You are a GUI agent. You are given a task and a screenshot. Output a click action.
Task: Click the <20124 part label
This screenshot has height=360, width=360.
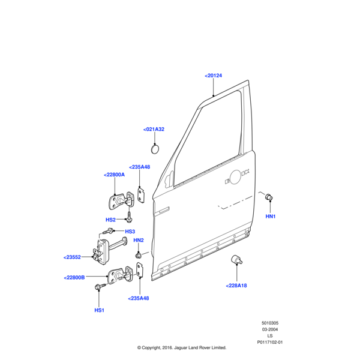pyautogui.click(x=213, y=76)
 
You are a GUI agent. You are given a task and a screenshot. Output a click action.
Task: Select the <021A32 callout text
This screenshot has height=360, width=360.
pyautogui.click(x=154, y=130)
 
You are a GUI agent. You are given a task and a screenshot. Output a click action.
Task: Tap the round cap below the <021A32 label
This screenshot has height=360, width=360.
pyautogui.click(x=154, y=148)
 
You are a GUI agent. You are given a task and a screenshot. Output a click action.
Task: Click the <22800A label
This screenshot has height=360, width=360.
pyautogui.click(x=114, y=175)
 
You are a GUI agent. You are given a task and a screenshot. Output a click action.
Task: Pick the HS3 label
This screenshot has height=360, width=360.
pyautogui.click(x=130, y=232)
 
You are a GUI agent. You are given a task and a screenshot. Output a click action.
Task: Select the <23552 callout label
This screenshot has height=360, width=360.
pyautogui.click(x=72, y=257)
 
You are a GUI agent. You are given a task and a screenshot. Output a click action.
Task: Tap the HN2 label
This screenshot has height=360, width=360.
pyautogui.click(x=139, y=241)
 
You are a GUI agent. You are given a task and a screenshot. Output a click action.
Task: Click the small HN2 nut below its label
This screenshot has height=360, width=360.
pyautogui.click(x=139, y=255)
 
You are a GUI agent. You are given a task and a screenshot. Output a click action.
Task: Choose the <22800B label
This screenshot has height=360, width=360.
pyautogui.click(x=74, y=277)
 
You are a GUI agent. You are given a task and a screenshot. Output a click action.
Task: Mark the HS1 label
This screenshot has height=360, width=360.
pyautogui.click(x=99, y=310)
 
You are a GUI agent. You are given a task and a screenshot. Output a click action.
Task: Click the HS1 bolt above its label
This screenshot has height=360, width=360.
pyautogui.click(x=99, y=289)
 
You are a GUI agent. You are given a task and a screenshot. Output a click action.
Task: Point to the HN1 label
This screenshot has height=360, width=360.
pyautogui.click(x=271, y=216)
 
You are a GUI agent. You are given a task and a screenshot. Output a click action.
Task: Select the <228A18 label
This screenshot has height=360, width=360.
pyautogui.click(x=236, y=286)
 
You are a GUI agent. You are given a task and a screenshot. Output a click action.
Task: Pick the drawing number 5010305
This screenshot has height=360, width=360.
pyautogui.click(x=269, y=323)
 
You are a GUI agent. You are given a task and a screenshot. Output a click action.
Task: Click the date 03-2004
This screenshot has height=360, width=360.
pyautogui.click(x=269, y=329)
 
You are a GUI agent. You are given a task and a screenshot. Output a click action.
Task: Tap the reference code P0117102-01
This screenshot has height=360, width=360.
pyautogui.click(x=269, y=343)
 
